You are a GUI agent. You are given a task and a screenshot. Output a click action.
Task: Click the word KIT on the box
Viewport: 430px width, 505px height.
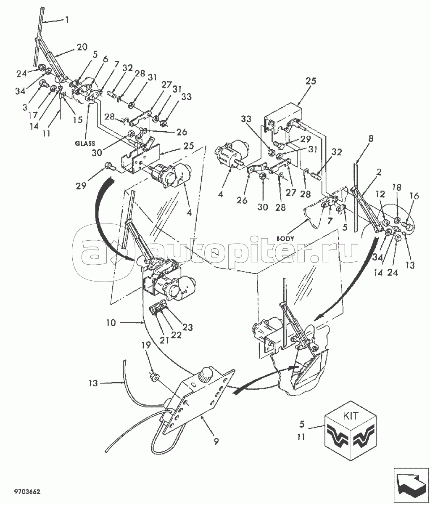(351, 415)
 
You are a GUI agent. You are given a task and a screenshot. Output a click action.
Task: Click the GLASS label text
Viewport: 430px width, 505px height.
(85, 144)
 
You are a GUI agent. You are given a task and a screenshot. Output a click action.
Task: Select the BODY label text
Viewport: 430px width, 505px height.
(285, 238)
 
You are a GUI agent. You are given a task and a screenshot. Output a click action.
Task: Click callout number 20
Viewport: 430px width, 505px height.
(82, 47)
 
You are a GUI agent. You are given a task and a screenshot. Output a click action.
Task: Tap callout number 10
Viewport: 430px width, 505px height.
(111, 323)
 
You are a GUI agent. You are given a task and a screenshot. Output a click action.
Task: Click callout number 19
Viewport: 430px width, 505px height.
(145, 345)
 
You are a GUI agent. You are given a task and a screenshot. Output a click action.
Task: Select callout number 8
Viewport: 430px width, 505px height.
(371, 139)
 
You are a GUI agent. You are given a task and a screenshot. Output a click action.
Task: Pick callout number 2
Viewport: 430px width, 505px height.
(378, 172)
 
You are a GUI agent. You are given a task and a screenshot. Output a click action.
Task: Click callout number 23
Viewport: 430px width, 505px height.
(187, 327)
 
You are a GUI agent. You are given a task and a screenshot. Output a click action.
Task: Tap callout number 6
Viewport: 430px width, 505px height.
(105, 59)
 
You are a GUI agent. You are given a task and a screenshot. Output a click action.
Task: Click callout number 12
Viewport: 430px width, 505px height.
(380, 194)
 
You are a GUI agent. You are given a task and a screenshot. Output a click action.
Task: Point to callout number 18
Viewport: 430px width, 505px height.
(396, 187)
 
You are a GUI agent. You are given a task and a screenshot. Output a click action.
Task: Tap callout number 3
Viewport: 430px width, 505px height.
(25, 107)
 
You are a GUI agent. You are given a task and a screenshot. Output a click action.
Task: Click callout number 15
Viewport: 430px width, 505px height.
(78, 120)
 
